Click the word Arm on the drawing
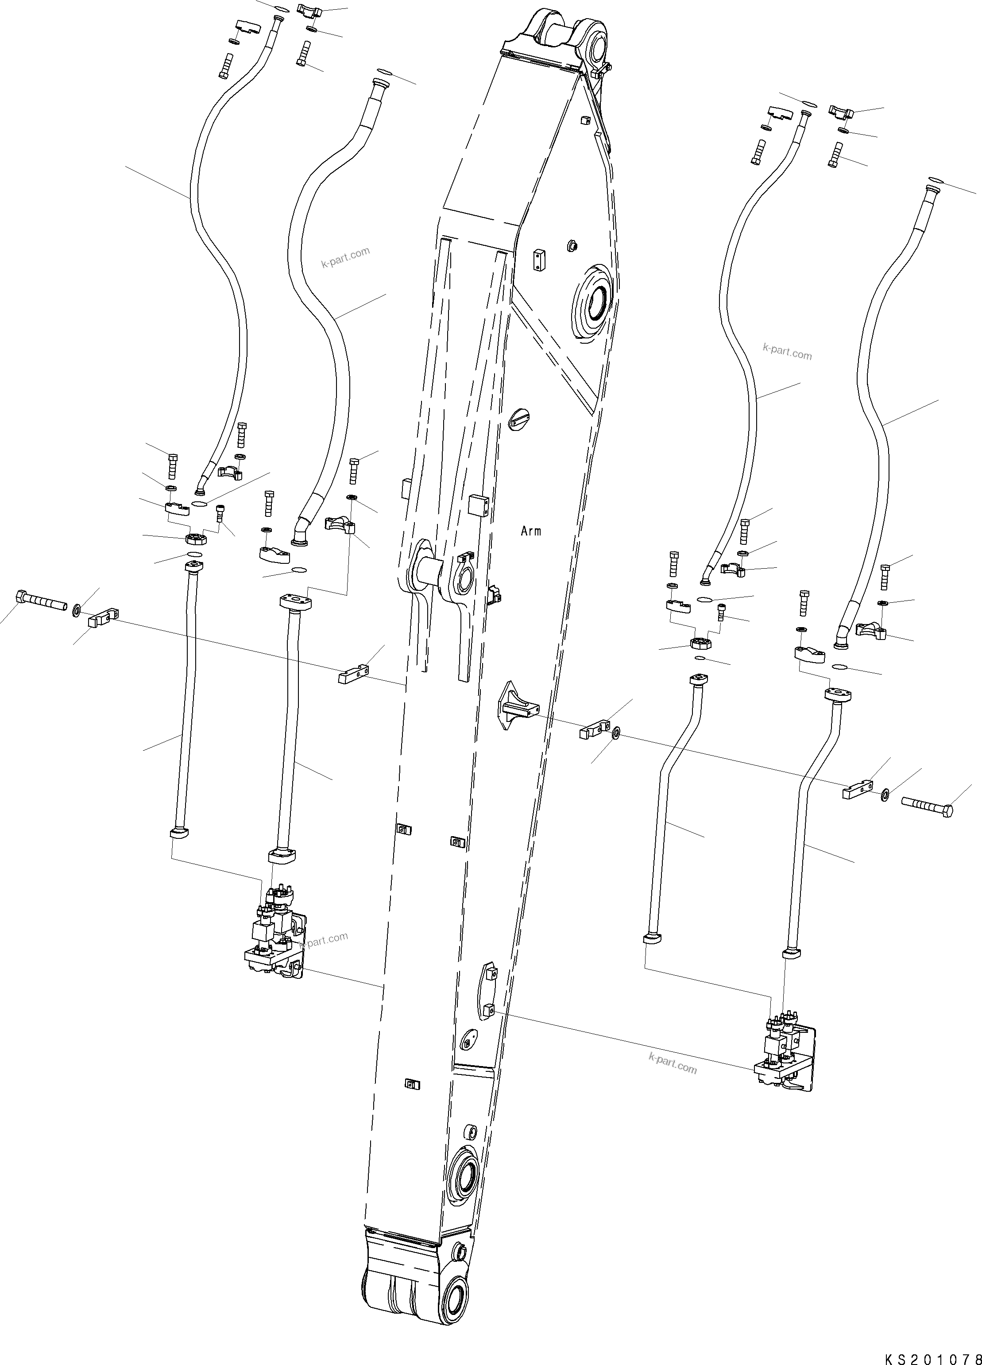pos(531,531)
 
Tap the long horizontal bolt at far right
pos(927,802)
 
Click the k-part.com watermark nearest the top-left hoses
pos(345,258)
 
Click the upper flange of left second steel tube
pos(294,602)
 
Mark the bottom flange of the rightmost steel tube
pos(792,954)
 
